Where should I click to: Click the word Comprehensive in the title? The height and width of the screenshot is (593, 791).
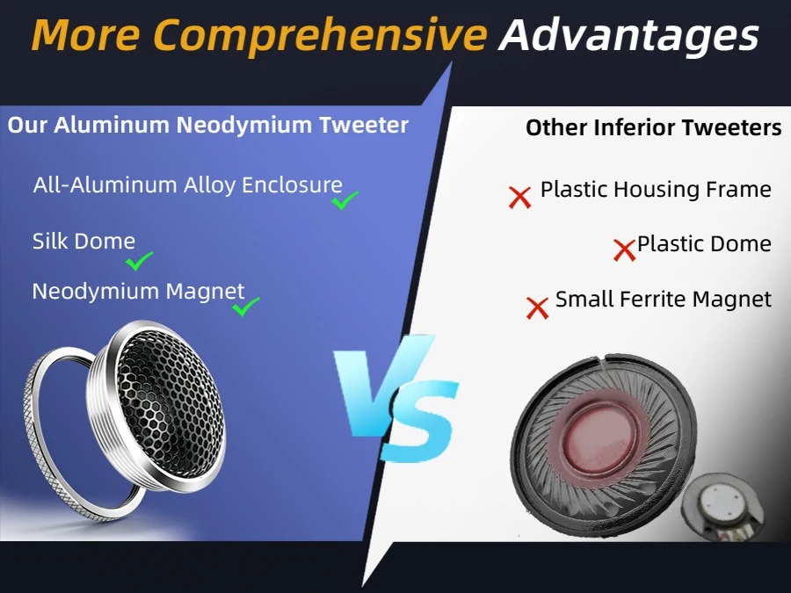320,35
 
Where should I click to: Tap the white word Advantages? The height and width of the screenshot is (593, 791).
628,35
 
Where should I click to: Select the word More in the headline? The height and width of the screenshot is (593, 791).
86,35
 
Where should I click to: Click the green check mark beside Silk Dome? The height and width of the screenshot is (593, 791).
139,261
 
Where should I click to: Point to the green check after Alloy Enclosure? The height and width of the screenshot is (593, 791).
345,200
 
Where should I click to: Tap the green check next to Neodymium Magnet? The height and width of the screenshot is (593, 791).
246,307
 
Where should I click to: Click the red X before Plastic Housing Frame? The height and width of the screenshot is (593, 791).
519,197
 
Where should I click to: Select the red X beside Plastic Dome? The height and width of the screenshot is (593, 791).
624,249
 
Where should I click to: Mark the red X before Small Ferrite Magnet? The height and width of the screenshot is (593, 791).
537,307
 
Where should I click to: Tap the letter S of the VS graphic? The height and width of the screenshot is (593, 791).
420,421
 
